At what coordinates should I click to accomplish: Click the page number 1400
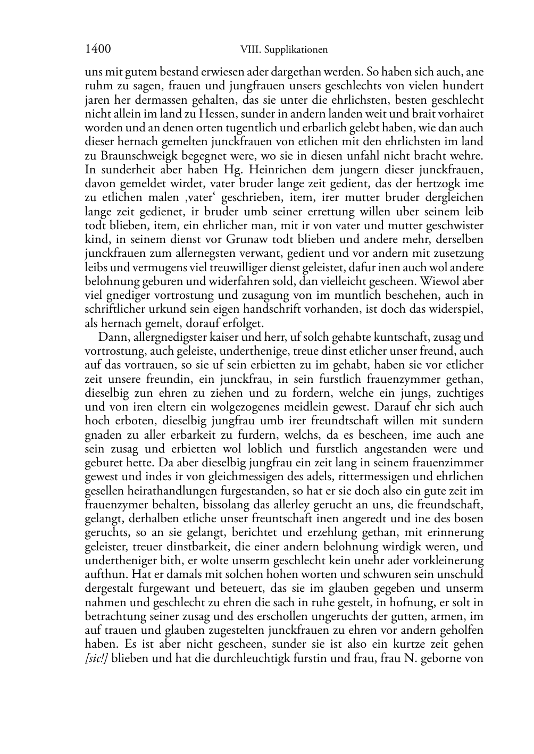pos(98,49)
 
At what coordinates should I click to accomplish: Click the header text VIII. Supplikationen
pos(283,50)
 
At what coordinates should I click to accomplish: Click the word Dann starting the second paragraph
pos(110,337)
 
